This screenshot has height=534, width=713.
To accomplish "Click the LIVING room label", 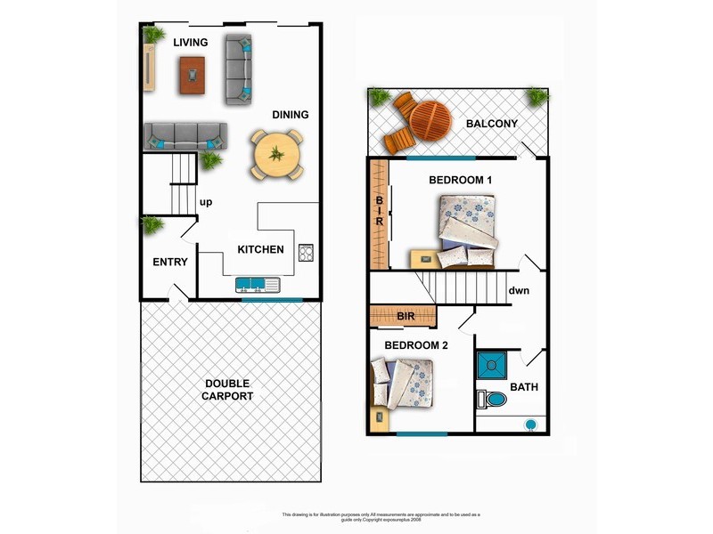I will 191,42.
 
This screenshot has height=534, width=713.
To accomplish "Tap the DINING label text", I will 291,115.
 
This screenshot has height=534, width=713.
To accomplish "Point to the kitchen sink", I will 258,285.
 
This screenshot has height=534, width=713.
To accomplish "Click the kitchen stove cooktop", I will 306,252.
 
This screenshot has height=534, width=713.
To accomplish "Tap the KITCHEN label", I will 260,250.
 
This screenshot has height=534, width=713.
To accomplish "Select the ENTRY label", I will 169,262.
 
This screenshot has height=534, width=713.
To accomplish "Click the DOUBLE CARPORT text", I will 228,389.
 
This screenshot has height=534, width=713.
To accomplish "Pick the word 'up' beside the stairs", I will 206,202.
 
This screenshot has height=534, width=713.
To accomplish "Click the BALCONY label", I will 492,124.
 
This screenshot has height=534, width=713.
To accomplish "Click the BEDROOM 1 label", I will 461,180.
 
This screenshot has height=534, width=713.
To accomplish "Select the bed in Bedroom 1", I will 467,231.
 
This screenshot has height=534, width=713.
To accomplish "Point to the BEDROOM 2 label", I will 416,344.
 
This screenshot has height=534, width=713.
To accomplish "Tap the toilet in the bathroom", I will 491,399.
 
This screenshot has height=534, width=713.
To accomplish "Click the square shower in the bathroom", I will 490,365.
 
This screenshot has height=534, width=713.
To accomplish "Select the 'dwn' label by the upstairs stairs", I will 520,290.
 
